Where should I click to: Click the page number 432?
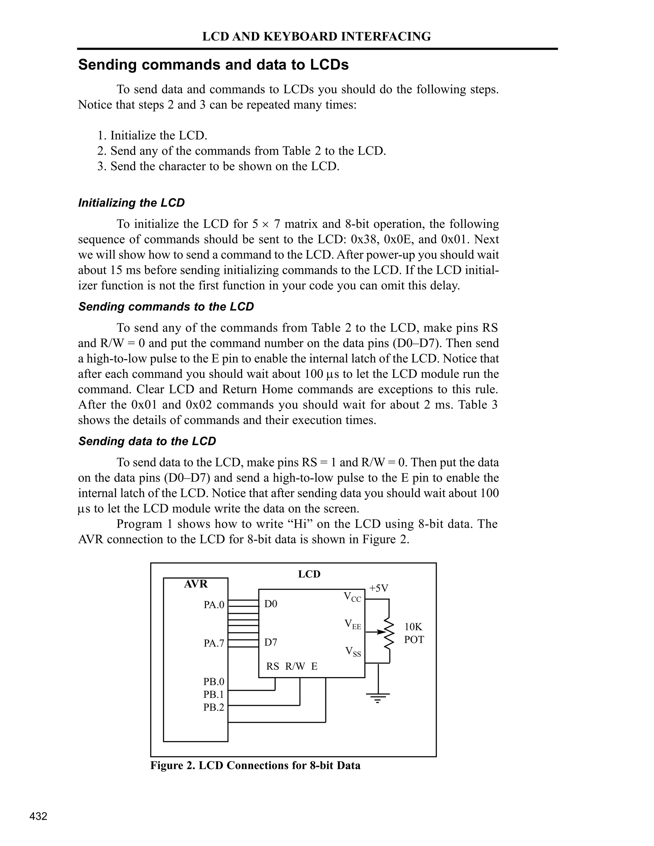pyautogui.click(x=38, y=816)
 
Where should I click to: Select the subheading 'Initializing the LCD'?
pyautogui.click(x=131, y=203)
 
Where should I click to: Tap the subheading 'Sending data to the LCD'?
pyautogui.click(x=147, y=441)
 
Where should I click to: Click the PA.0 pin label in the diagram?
pyautogui.click(x=214, y=605)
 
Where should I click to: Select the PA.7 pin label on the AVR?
pyautogui.click(x=214, y=643)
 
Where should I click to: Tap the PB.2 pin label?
pyautogui.click(x=214, y=707)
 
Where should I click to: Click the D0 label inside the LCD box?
pyautogui.click(x=271, y=604)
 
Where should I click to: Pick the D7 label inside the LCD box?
pyautogui.click(x=271, y=642)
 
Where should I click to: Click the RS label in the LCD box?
pyautogui.click(x=272, y=666)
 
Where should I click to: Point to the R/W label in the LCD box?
pyautogui.click(x=295, y=666)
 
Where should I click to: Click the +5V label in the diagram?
pyautogui.click(x=378, y=588)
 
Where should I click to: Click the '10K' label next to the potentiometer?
pyautogui.click(x=414, y=627)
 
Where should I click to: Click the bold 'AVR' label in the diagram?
pyautogui.click(x=196, y=584)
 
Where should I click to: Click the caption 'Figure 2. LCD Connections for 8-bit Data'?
pyautogui.click(x=255, y=766)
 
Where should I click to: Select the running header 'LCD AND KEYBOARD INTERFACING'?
pyautogui.click(x=316, y=36)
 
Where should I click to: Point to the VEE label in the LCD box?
pyautogui.click(x=353, y=624)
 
